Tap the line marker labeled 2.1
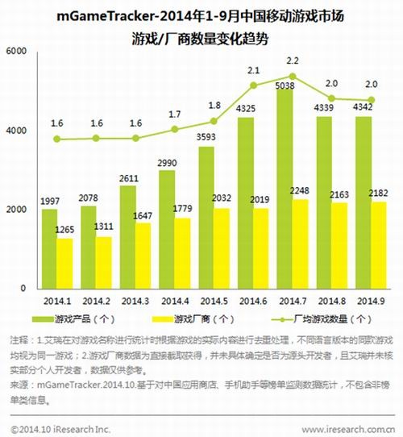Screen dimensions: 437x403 [x=253, y=85]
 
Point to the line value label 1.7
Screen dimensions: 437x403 [x=174, y=115]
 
